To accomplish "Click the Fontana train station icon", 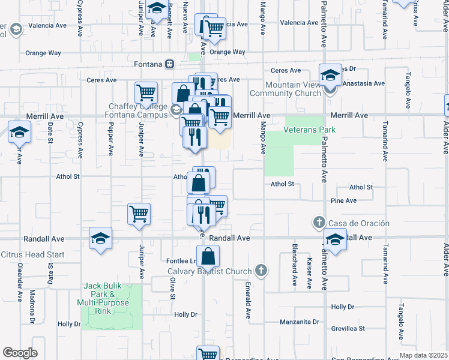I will coord(170,64).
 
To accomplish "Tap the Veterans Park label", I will coord(310,130).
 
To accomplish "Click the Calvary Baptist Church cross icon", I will coord(260,271).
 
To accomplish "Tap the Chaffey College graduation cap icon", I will coord(176,109).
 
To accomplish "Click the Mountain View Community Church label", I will coord(294,89).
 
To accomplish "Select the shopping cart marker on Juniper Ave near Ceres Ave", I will coord(146,93).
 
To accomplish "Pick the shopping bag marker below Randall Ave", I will coord(208,256).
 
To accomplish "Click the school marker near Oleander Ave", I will coord(19,132).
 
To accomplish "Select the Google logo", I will coord(20,353).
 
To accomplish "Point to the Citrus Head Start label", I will coord(32,254).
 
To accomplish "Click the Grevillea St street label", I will coord(348,328).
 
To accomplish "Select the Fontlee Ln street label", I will coord(181,261).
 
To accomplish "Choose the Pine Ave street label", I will coord(343,200).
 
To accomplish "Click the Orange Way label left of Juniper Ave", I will coord(43,53).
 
